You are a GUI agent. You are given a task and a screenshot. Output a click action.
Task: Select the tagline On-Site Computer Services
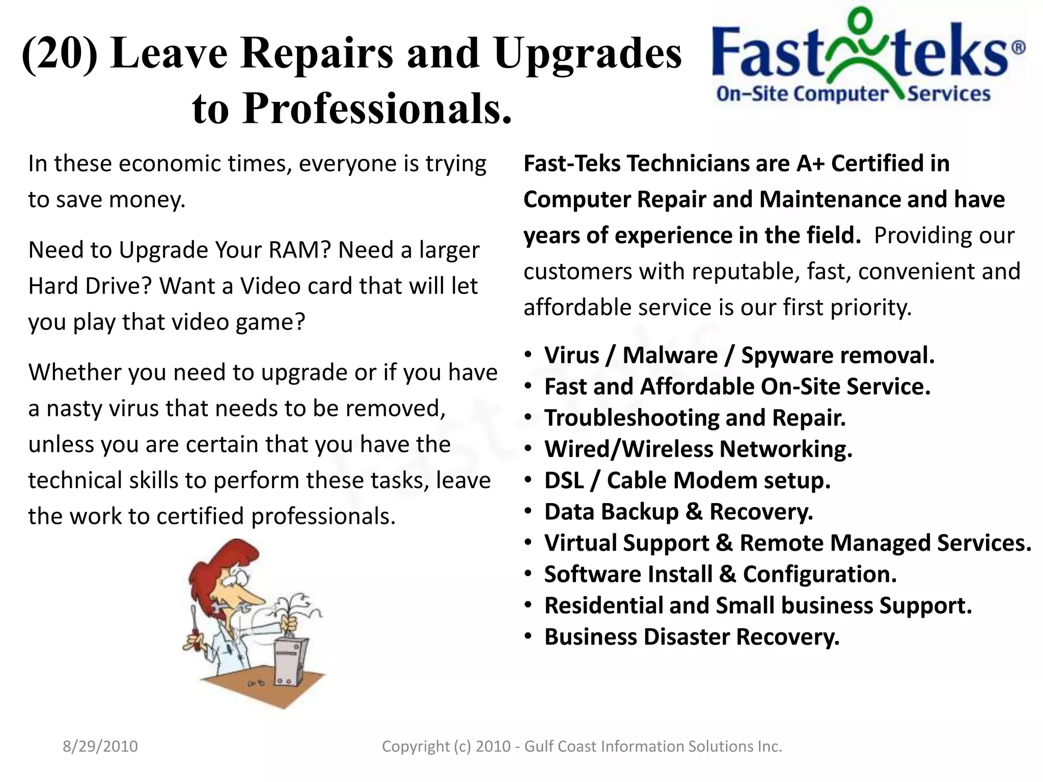click(x=853, y=94)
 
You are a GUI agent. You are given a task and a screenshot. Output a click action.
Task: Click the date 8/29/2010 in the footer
click(x=100, y=746)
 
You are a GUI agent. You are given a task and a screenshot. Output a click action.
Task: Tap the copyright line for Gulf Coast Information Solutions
click(x=582, y=746)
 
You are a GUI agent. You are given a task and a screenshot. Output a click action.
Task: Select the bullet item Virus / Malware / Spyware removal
click(x=739, y=355)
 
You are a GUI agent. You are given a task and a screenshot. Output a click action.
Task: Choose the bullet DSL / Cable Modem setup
click(x=687, y=481)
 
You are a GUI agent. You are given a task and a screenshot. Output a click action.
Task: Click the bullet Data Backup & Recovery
click(x=678, y=512)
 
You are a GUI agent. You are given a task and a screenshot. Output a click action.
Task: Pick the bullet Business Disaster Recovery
click(x=692, y=637)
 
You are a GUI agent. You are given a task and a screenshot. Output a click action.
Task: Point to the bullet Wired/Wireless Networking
click(x=698, y=449)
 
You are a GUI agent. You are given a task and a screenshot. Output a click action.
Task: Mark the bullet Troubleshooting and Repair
click(x=695, y=418)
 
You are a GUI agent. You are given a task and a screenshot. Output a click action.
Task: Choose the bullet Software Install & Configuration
click(x=720, y=574)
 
